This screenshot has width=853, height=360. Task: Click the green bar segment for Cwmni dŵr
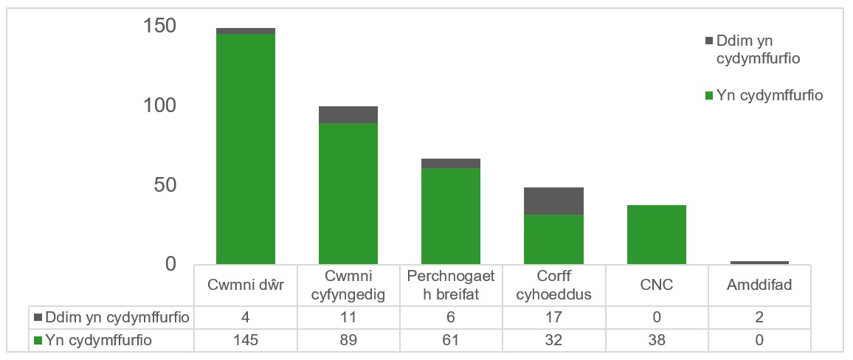pos(245,148)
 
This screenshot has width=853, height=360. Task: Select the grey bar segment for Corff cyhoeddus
pos(553,201)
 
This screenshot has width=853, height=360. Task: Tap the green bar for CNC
pos(656,234)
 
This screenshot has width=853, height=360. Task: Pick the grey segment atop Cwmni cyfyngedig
pos(348,114)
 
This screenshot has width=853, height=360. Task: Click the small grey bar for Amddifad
pos(759,262)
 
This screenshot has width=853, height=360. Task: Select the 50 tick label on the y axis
pos(165,185)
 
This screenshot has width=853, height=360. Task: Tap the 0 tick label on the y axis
pos(170,263)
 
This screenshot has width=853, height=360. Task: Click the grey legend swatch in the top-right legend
pos(710,41)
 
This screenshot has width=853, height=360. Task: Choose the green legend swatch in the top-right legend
pos(710,95)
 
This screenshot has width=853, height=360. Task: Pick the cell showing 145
pos(245,340)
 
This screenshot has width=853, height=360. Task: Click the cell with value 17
pos(553,318)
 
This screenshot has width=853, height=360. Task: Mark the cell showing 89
pos(348,340)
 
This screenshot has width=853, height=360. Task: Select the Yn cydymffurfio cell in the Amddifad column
pos(759,340)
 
